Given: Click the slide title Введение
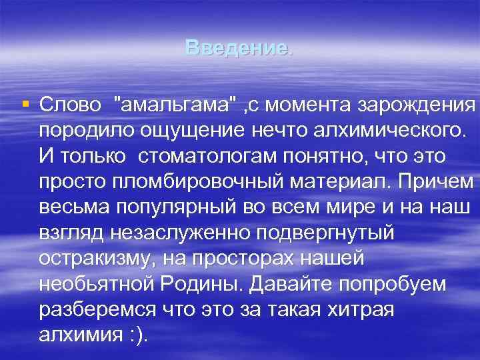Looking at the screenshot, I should click(238, 48).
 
